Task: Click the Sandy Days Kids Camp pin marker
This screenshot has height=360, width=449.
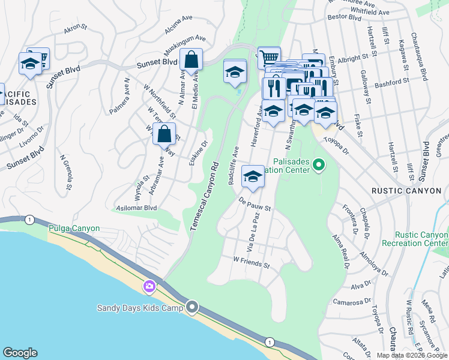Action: pyautogui.click(x=192, y=308)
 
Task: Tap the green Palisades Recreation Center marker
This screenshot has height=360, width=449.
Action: pyautogui.click(x=319, y=164)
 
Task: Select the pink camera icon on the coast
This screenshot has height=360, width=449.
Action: pyautogui.click(x=148, y=287)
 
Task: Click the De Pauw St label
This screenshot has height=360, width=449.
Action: pyautogui.click(x=255, y=205)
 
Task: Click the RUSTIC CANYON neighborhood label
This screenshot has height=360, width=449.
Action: pyautogui.click(x=406, y=191)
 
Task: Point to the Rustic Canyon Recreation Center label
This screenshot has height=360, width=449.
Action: pyautogui.click(x=422, y=240)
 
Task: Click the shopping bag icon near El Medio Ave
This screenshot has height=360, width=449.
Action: pyautogui.click(x=190, y=61)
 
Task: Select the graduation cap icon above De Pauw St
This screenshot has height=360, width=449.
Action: pyautogui.click(x=253, y=176)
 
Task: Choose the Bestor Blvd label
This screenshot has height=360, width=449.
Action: pyautogui.click(x=345, y=18)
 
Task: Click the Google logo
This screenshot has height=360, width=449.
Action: pyautogui.click(x=20, y=353)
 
